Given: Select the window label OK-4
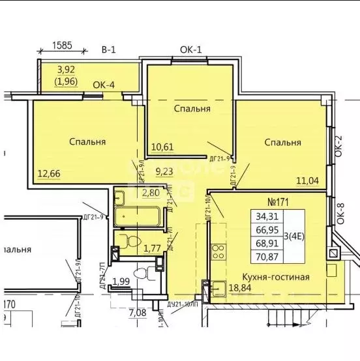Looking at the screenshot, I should (x=105, y=84).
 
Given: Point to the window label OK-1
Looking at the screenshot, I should (x=192, y=50).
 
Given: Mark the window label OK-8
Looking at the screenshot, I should (x=338, y=215).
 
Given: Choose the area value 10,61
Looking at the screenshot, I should (x=162, y=146).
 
